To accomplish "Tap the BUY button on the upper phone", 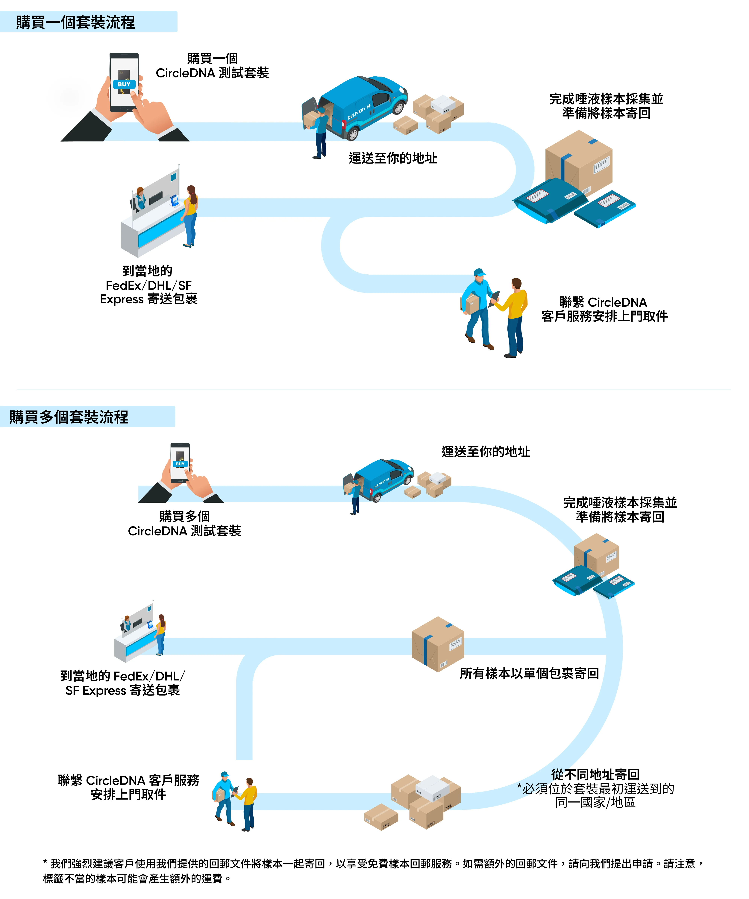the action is pos(124,84).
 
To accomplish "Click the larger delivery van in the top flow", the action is pos(355,107).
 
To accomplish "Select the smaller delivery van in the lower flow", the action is pos(379,479).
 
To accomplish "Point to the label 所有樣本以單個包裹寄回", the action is pos(529,673).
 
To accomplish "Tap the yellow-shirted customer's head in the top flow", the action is pos(517,284).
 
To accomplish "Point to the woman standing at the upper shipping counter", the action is pos(190,216).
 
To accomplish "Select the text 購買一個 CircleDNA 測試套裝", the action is pos(212,66).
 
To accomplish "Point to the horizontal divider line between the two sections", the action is pos(374,390).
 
